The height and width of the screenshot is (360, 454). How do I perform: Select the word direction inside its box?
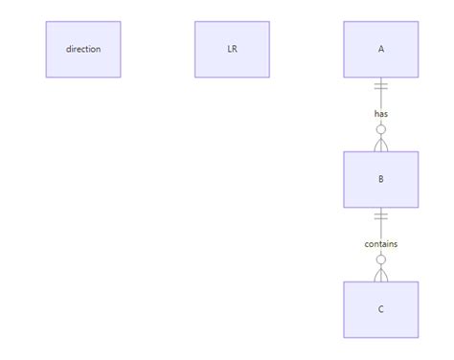coord(83,49)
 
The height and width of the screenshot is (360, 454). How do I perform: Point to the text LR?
coord(232,49)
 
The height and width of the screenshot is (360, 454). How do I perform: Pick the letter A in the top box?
coord(381,49)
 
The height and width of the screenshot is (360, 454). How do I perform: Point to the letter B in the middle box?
coord(381,179)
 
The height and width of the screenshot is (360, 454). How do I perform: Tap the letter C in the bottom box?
coord(381,309)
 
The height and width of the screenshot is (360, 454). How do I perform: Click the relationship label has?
coord(381,114)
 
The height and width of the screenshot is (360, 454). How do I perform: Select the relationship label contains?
coord(381,244)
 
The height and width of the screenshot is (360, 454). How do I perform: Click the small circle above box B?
coord(381,129)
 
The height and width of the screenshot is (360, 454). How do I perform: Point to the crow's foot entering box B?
coord(381,144)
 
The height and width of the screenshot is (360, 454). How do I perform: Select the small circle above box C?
coord(381,259)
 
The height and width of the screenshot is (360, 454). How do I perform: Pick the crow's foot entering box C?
coord(381,274)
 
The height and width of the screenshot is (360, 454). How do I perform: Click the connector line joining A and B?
coord(381,100)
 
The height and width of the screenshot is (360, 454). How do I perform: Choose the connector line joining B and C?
coord(381,230)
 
